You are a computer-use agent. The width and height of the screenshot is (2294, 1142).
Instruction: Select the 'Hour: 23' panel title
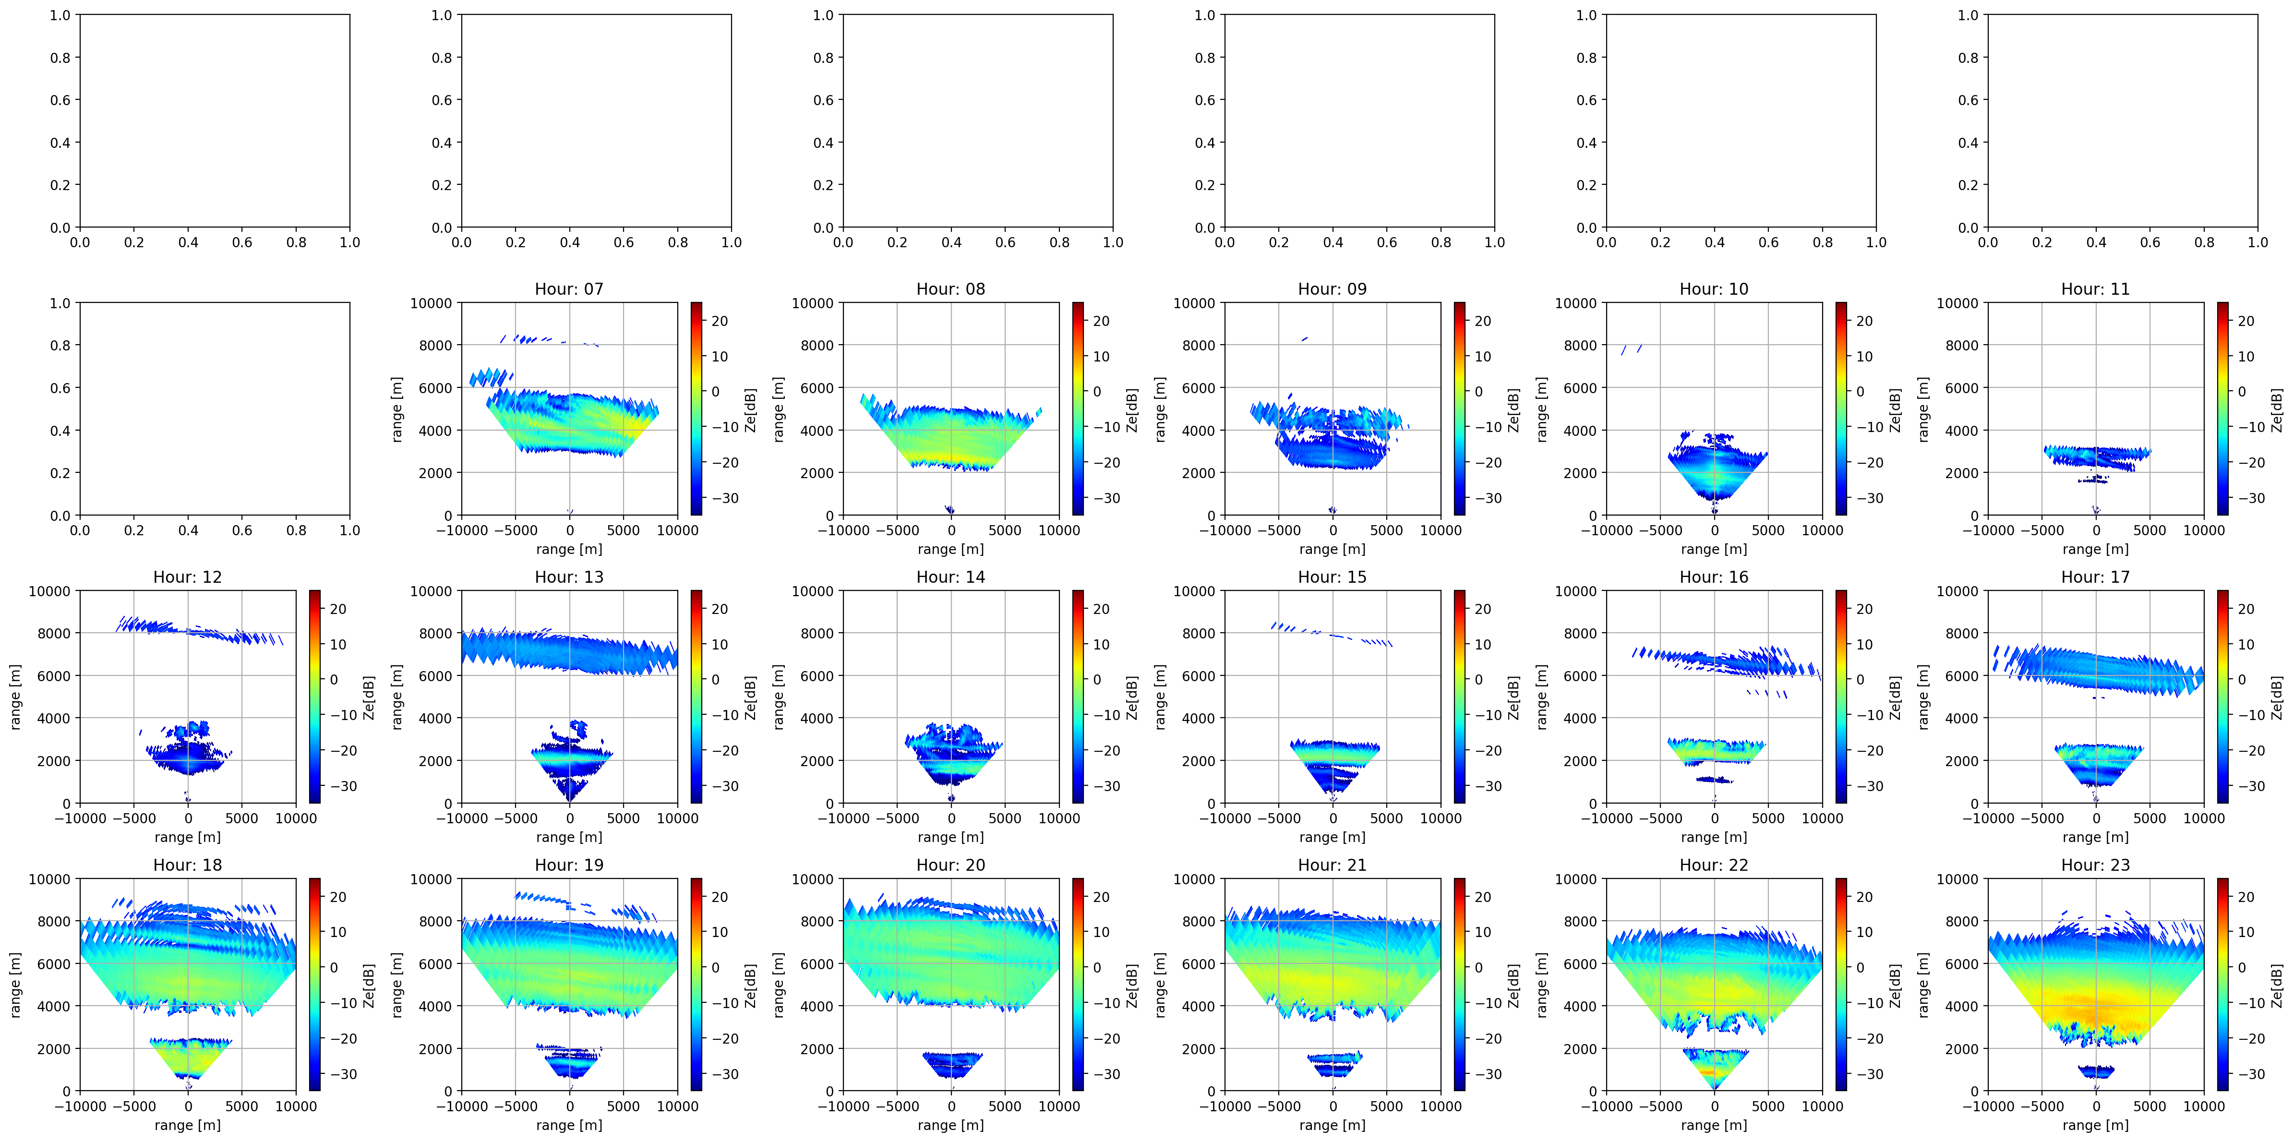2095,865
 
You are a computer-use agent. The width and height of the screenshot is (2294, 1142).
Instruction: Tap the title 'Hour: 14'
951,577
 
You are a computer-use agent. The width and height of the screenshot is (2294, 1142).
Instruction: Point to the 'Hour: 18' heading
188,865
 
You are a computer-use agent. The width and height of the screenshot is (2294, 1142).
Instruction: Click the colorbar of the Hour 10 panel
1841,409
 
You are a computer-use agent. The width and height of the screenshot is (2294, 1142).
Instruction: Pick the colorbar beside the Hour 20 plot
1078,985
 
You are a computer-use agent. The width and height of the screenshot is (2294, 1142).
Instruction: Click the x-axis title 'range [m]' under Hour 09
1332,550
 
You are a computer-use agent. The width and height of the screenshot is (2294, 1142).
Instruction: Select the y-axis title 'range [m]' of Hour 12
15,697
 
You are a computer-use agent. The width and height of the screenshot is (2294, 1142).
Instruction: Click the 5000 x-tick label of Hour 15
1387,818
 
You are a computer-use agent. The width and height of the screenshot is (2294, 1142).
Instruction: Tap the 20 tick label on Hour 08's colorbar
1102,321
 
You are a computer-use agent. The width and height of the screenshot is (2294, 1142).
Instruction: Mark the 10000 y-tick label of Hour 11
1958,303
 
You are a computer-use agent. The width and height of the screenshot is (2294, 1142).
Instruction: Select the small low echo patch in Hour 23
2095,1071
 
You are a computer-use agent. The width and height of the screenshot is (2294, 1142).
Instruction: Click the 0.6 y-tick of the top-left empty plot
60,100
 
